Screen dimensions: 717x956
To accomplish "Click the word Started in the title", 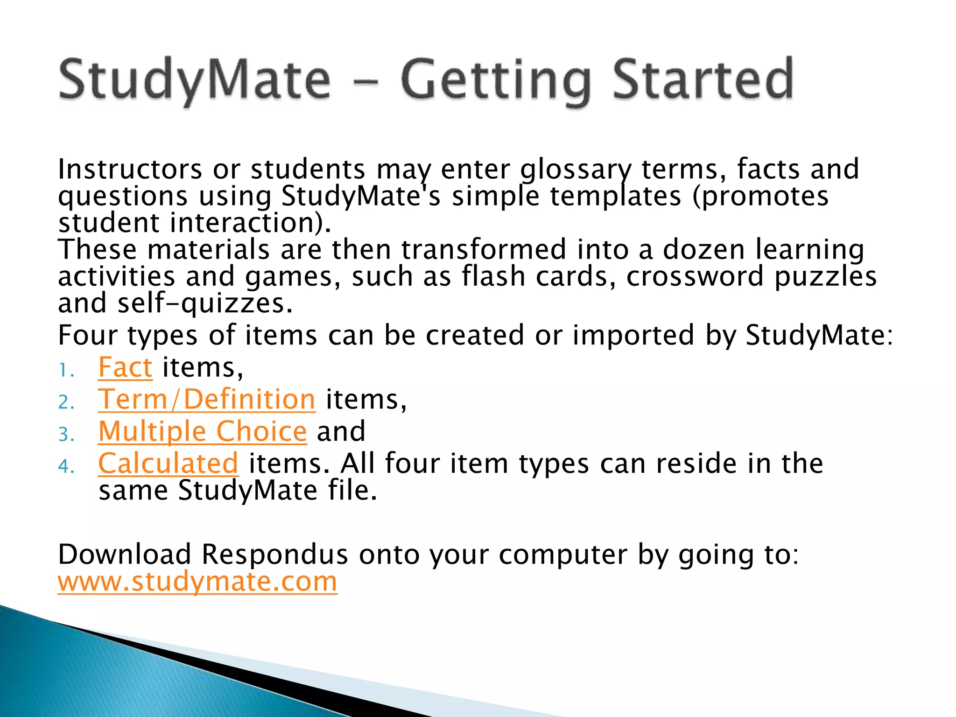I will point(703,79).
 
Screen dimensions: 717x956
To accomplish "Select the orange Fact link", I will point(125,368).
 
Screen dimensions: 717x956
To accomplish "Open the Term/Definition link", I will point(206,400).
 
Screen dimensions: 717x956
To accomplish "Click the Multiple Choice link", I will point(203,431).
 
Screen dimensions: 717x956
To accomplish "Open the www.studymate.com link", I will point(197,582).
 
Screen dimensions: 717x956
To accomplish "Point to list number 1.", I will point(66,372).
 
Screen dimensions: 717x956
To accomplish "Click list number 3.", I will point(66,435).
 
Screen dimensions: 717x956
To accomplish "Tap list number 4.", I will point(66,467).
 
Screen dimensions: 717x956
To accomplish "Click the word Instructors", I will point(130,169).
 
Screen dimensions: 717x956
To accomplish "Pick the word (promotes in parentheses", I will point(760,197).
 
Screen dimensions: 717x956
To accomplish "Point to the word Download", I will point(124,555).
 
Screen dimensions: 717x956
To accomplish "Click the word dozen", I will point(703,250).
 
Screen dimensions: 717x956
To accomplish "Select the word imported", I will point(633,336).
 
